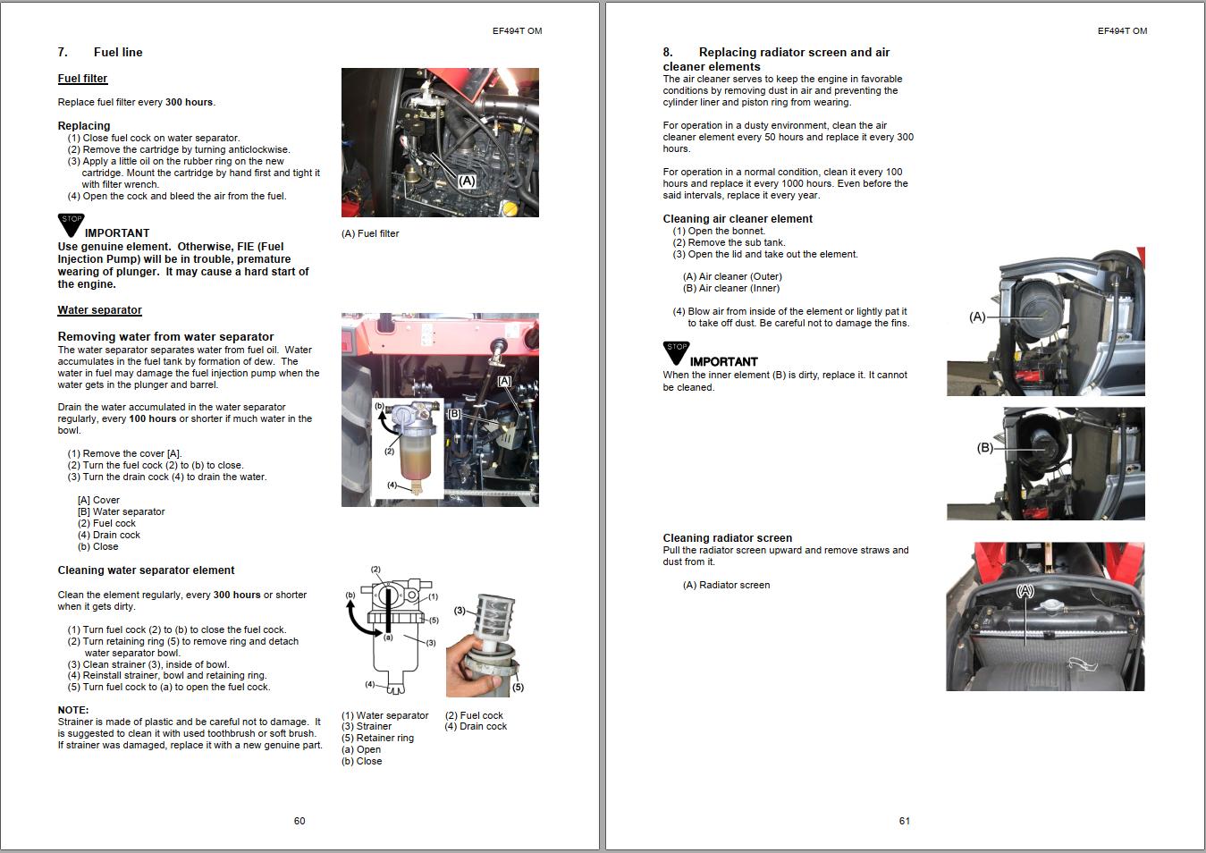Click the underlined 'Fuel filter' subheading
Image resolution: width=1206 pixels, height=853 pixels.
tap(82, 79)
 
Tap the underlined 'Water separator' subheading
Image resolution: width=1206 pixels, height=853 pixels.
tap(99, 310)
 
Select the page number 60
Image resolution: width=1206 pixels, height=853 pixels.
tap(299, 821)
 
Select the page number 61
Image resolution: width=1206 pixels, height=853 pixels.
tap(905, 821)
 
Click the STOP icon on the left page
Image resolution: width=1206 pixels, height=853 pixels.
tap(71, 224)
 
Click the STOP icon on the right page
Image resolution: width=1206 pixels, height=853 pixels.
tap(676, 351)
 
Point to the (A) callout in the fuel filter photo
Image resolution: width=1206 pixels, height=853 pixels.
tap(467, 181)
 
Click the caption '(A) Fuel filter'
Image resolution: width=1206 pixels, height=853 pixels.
tap(370, 233)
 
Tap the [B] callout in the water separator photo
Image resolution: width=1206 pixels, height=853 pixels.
tap(454, 414)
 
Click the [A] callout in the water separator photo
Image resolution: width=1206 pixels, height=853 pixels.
tap(504, 381)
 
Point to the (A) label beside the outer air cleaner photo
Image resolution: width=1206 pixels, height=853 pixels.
tap(977, 317)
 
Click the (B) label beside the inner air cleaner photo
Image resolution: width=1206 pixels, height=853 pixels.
tap(984, 448)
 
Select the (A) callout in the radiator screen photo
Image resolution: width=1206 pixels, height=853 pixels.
tap(1025, 591)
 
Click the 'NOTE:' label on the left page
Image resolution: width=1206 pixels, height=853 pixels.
tap(73, 710)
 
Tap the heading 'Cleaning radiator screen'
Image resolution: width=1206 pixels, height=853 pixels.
tap(727, 538)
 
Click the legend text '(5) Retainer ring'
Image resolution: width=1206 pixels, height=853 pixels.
tap(377, 738)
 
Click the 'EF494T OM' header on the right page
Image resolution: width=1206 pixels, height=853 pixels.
tap(1122, 30)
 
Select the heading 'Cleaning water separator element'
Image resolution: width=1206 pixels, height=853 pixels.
tap(146, 570)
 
